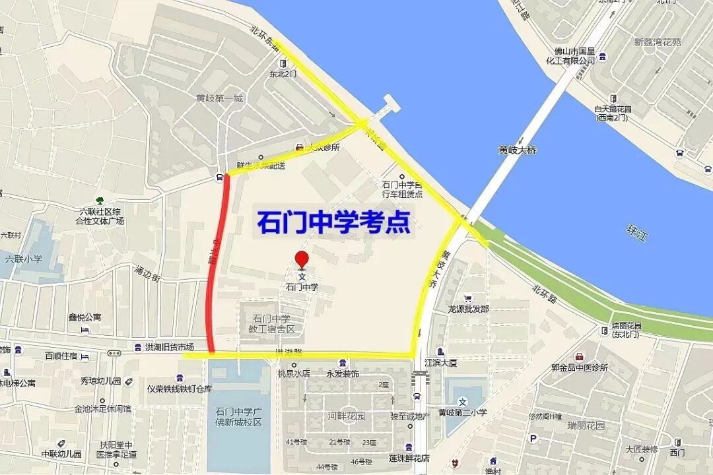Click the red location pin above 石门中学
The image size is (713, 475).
pos(302,259)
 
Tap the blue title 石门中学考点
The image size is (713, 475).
pos(333,222)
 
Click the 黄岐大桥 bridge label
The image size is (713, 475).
pos(518,150)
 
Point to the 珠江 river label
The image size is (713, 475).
pos(636,232)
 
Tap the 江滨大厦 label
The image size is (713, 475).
pos(442,362)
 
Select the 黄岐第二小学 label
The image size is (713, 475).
pos(463,413)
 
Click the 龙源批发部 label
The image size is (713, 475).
pos(468,309)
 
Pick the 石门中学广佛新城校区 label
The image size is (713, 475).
pos(239,417)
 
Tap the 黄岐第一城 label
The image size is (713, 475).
pos(219,99)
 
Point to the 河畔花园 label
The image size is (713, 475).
pos(347,416)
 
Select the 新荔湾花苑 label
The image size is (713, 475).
pos(657,43)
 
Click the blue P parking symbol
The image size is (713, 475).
pos(533,438)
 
